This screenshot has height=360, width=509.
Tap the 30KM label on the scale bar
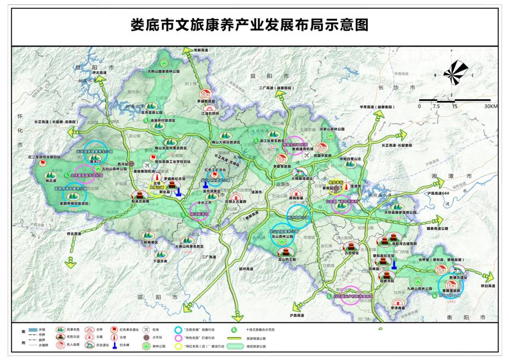coord(490,106)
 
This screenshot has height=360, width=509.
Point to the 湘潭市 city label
coord(443,177)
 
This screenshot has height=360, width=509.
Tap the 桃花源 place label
coord(51,180)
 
